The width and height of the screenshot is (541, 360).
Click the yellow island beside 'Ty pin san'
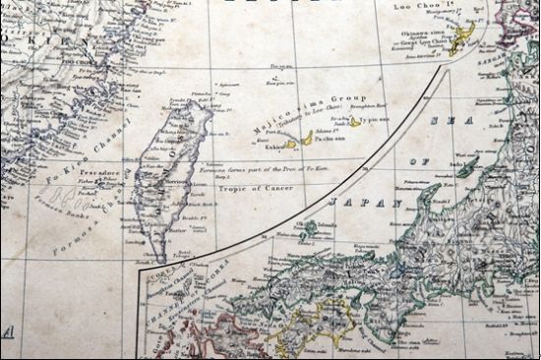click(x=354, y=123)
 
